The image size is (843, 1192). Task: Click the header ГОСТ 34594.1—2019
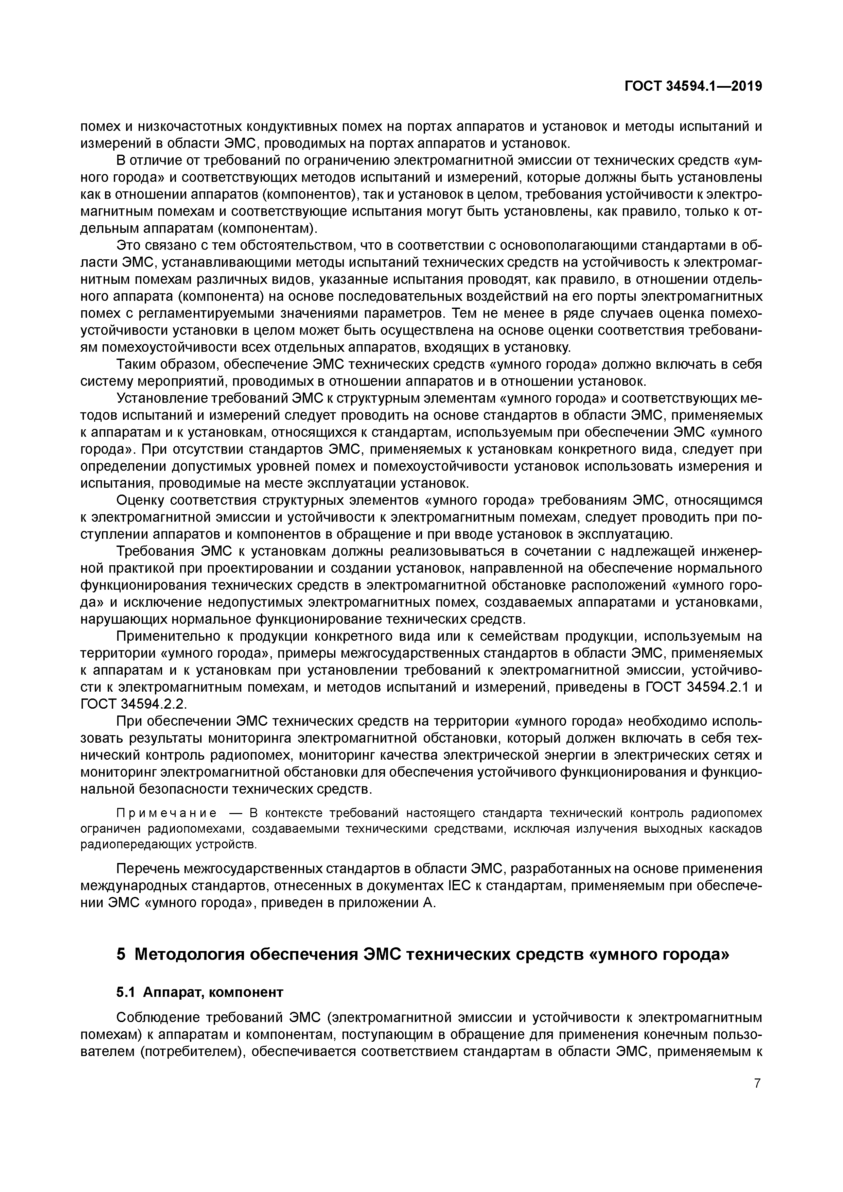click(693, 86)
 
